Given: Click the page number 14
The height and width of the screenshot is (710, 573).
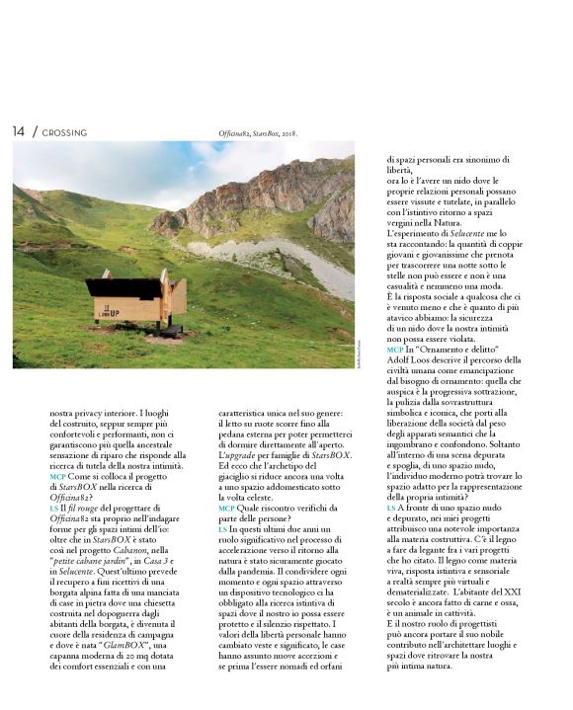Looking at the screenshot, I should click(19, 131).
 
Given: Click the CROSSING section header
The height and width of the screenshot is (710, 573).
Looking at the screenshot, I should click(64, 132).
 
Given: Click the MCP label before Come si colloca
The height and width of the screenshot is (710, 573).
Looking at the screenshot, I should click(56, 475).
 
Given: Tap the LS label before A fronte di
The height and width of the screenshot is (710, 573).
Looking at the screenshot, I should click(391, 509).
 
